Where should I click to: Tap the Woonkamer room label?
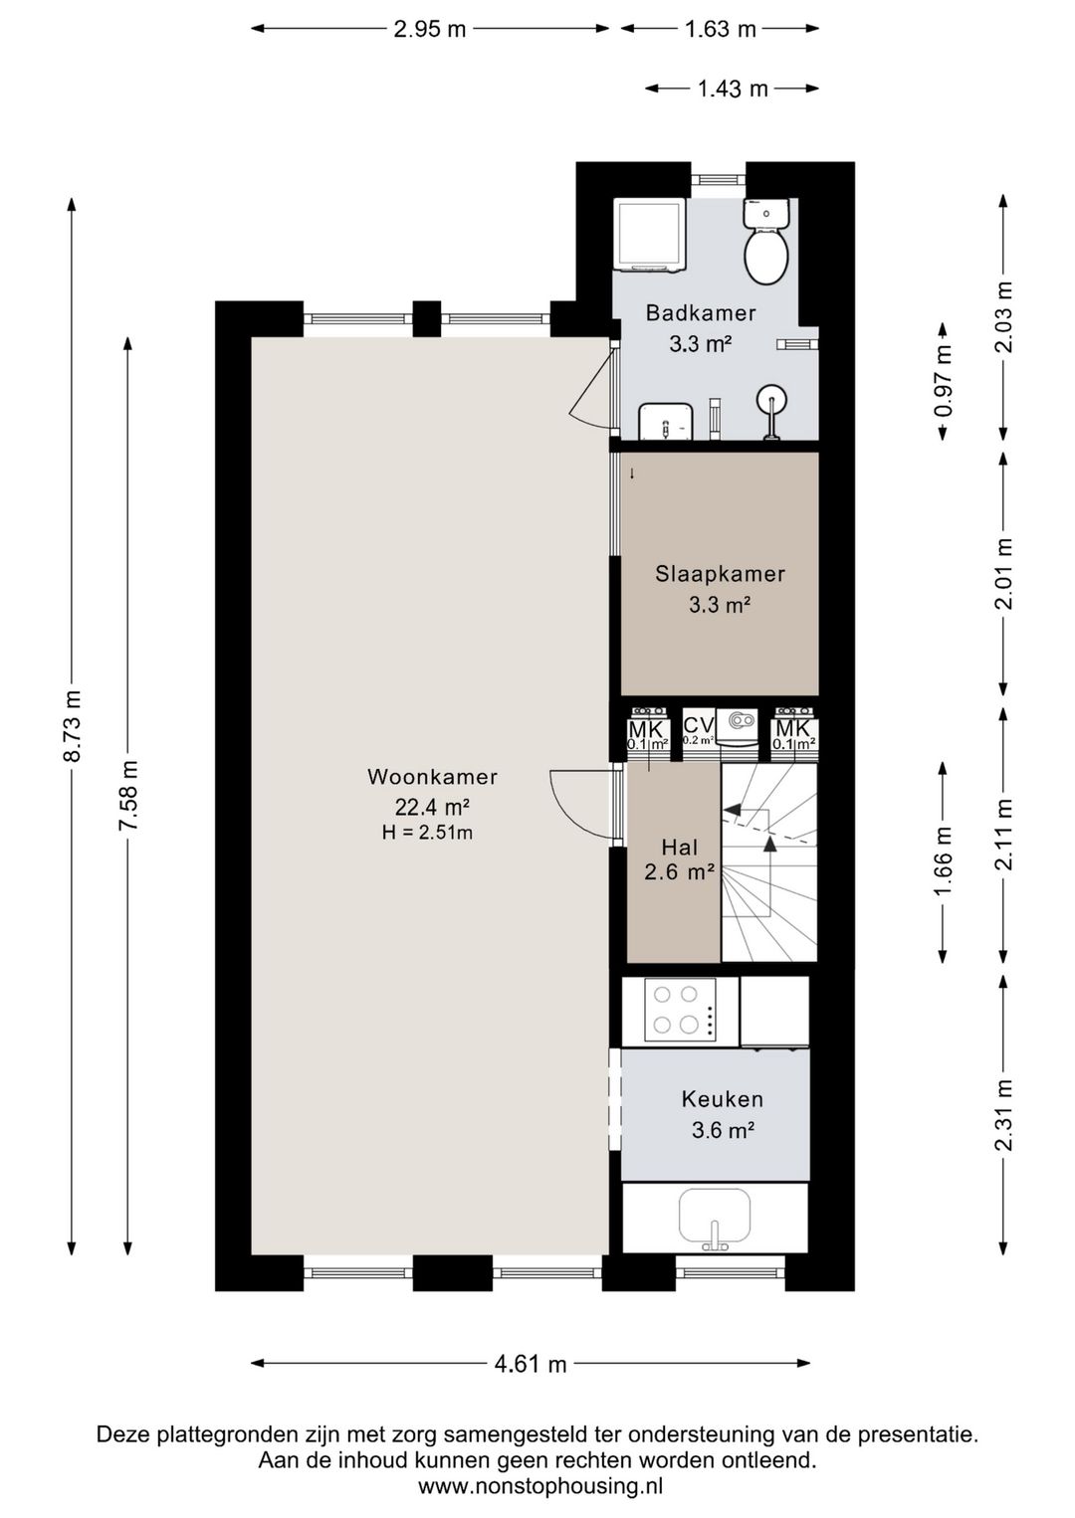432,777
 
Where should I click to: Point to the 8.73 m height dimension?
72,726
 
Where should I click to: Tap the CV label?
699,726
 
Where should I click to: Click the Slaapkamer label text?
720,574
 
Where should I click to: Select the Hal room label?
680,848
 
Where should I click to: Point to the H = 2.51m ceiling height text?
427,833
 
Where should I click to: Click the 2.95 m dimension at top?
430,29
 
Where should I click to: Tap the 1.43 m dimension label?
733,89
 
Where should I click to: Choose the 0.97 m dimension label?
943,382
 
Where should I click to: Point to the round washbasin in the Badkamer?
772,398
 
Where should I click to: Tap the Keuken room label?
723,1098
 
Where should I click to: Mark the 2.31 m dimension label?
1003,1115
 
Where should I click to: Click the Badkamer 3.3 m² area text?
701,344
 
